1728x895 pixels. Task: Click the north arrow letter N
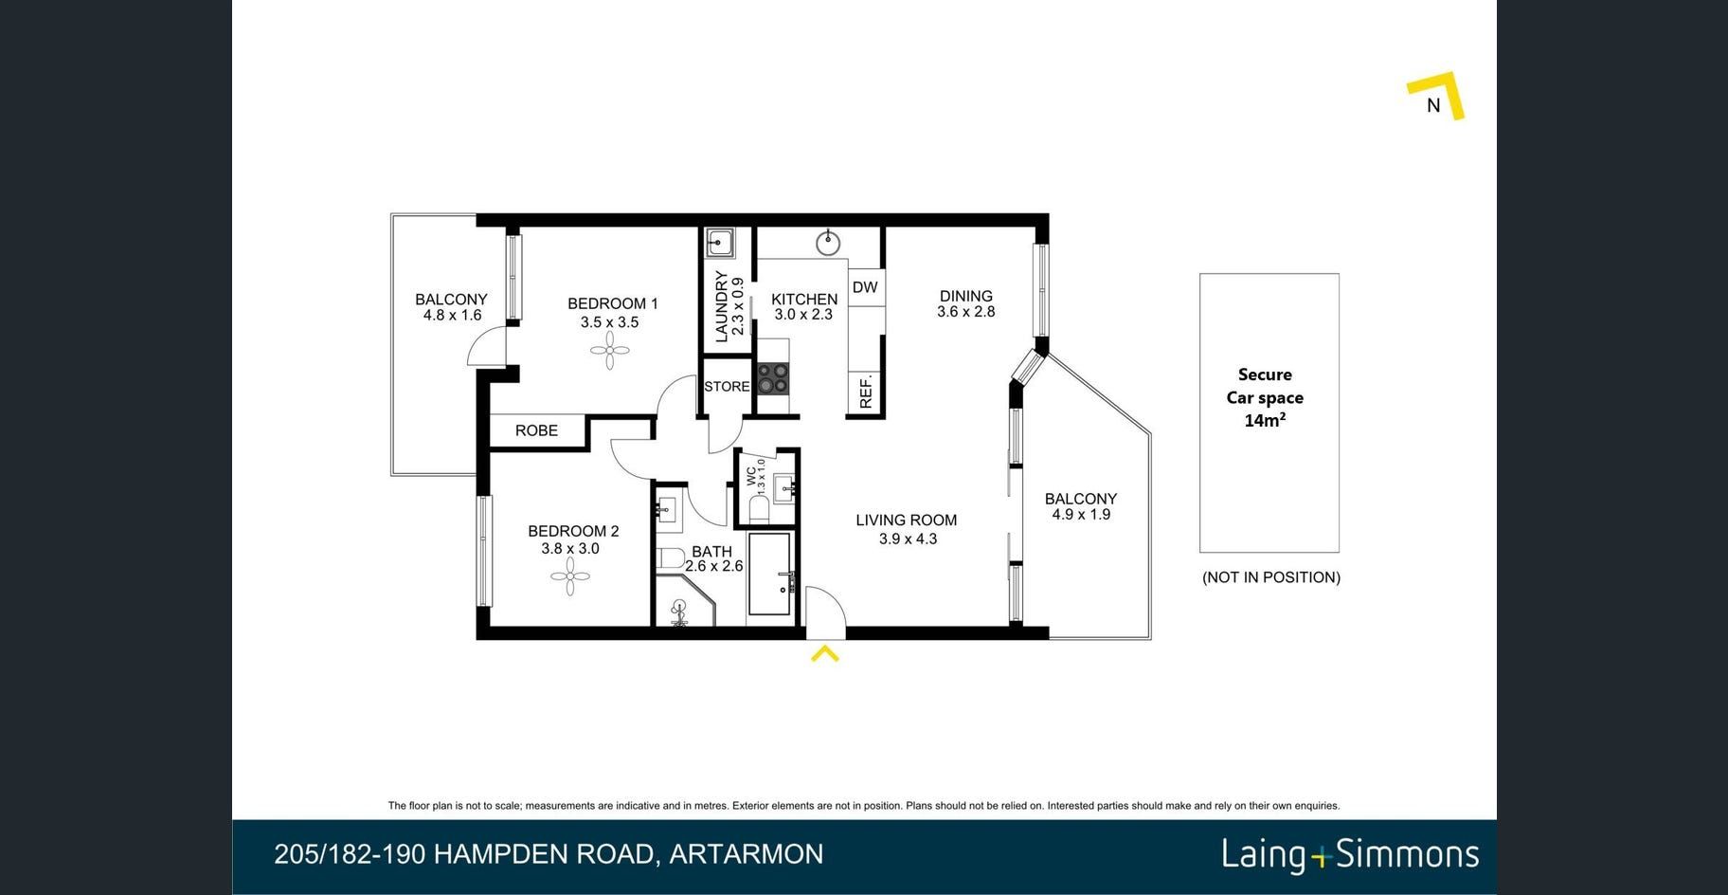(x=1433, y=105)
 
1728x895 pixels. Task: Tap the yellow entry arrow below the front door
(x=825, y=653)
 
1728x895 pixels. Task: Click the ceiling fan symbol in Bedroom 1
(x=609, y=353)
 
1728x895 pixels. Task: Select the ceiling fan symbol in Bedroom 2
(x=570, y=576)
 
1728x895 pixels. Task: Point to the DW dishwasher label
(x=865, y=287)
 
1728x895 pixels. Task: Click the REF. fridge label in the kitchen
(x=865, y=392)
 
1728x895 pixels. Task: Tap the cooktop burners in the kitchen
(x=773, y=378)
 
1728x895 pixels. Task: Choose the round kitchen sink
(x=828, y=244)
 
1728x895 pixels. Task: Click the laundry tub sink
(x=719, y=244)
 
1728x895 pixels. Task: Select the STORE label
(x=727, y=387)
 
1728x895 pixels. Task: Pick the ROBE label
(x=536, y=430)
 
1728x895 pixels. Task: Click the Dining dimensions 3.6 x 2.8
(x=966, y=312)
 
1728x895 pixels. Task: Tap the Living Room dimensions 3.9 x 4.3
(x=908, y=539)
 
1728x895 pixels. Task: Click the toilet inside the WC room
(x=759, y=508)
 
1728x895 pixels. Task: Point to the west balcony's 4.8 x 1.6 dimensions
(x=452, y=316)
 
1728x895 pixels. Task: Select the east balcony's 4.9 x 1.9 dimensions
(x=1081, y=515)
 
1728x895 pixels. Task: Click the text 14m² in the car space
(x=1265, y=420)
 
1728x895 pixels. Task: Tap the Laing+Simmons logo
(x=1350, y=854)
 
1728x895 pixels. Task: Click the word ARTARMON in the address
(x=747, y=854)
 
